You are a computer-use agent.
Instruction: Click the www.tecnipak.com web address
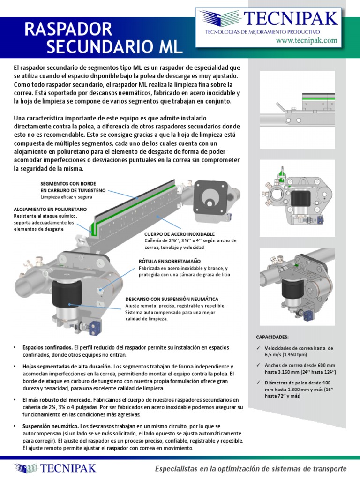pyautogui.click(x=313, y=41)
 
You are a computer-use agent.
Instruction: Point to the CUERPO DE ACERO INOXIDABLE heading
pyautogui.click(x=180, y=233)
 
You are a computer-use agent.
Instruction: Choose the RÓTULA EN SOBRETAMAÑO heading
pyautogui.click(x=170, y=260)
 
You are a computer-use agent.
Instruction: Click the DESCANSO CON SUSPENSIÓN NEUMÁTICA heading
pyautogui.click(x=172, y=299)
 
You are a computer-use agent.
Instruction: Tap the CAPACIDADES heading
pyautogui.click(x=272, y=337)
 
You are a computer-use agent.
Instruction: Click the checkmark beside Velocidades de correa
pyautogui.click(x=258, y=348)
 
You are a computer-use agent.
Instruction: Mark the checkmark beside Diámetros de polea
pyautogui.click(x=258, y=382)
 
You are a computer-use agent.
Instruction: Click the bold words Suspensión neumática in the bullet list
pyautogui.click(x=51, y=426)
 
